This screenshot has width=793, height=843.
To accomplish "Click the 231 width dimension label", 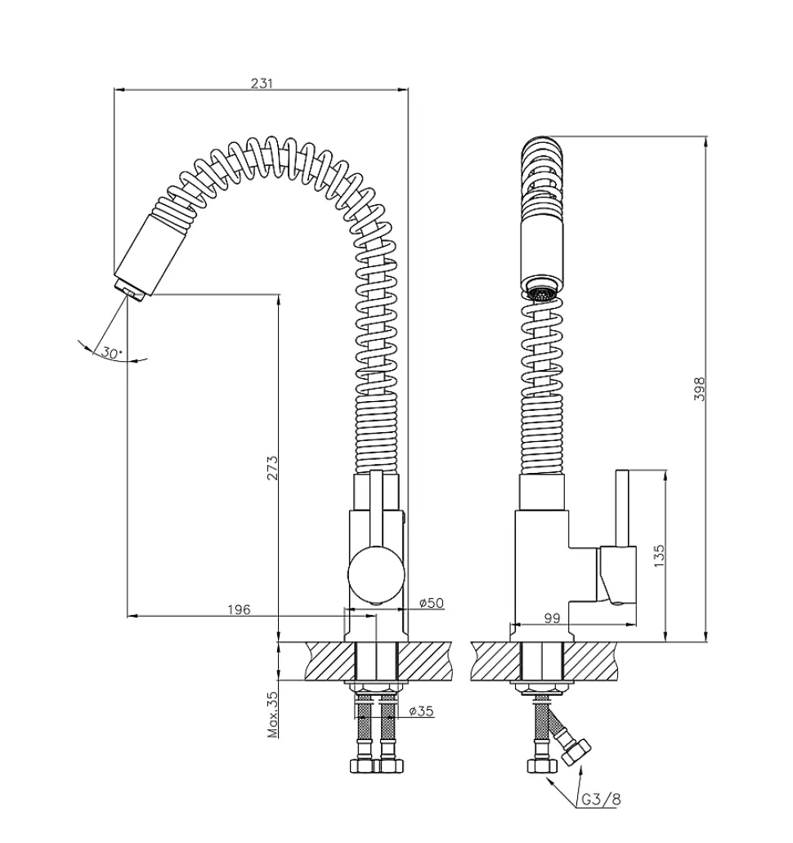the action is [262, 83].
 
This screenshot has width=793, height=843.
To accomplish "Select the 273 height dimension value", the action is [273, 468].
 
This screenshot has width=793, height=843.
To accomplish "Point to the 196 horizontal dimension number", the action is [239, 609].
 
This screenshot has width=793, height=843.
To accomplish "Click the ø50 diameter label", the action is [432, 603].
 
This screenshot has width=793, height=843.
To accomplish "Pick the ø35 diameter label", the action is [421, 711].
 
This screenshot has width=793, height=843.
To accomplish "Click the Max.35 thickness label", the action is [273, 715].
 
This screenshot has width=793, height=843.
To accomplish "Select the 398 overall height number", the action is [699, 389].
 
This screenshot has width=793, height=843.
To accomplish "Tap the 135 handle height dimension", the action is [660, 556].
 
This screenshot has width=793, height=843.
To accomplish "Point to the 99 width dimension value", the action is [552, 618].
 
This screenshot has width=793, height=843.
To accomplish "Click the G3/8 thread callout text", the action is [601, 800].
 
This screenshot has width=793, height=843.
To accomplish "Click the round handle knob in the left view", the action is [376, 573].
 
